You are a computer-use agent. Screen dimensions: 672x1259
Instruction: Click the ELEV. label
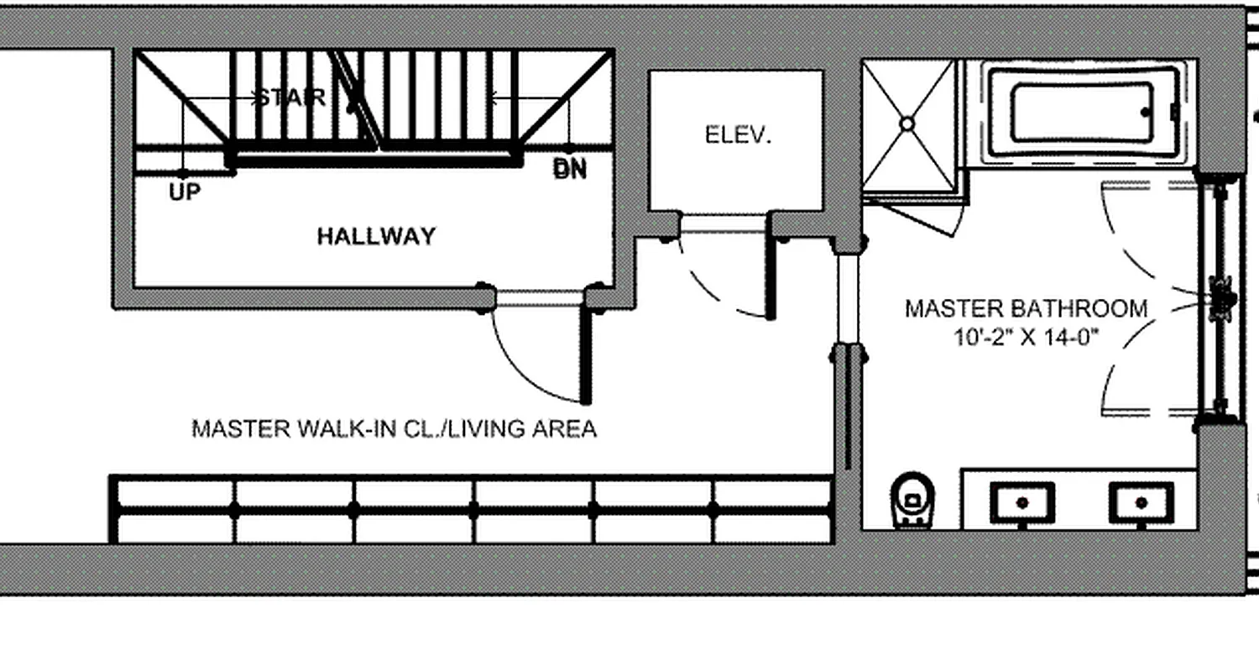click(x=738, y=135)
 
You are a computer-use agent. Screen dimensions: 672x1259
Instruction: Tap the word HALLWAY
click(x=376, y=237)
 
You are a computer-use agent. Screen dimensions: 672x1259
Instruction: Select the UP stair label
click(x=185, y=192)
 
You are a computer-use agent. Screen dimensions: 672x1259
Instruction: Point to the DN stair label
click(x=570, y=170)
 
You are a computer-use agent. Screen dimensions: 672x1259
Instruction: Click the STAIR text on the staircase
click(x=290, y=97)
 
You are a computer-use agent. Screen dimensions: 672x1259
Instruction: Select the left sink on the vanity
click(x=1021, y=503)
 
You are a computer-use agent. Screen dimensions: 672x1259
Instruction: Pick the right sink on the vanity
click(x=1141, y=503)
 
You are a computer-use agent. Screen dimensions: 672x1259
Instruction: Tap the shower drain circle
click(x=907, y=124)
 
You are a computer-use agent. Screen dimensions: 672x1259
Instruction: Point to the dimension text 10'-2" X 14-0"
click(x=1026, y=338)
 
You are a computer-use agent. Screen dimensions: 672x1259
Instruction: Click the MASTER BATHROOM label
click(x=1026, y=309)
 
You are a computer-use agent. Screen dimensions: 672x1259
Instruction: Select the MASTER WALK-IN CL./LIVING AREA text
click(x=394, y=429)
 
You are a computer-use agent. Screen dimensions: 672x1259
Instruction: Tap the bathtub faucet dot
click(x=1146, y=112)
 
